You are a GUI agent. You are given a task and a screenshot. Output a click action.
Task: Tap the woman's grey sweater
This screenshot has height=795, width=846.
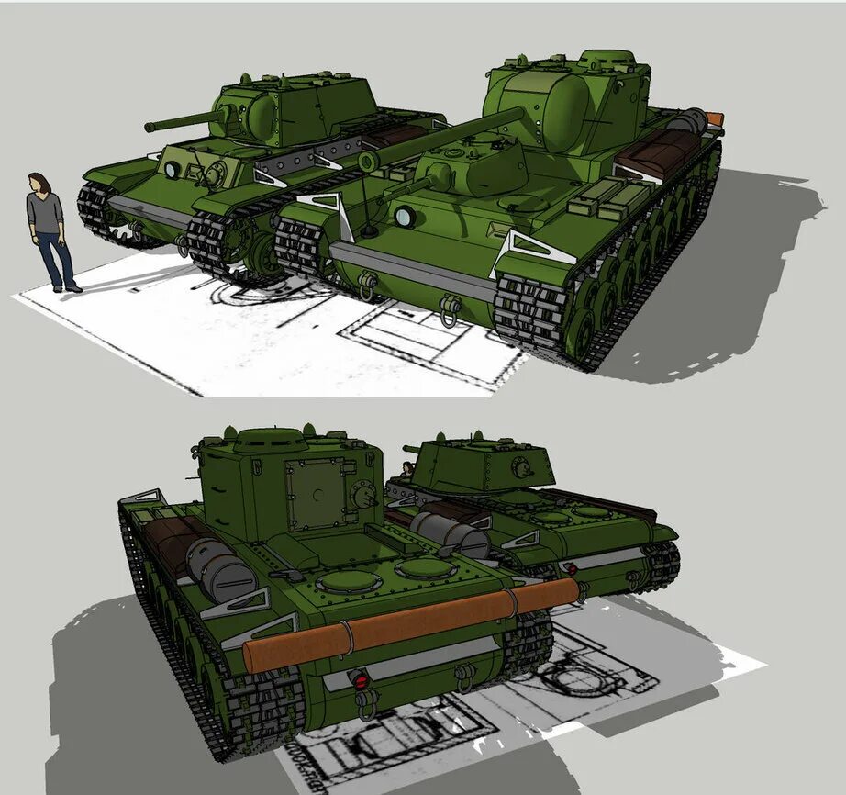pos(44,213)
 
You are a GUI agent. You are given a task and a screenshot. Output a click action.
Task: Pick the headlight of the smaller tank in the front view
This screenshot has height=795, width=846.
pos(172,170)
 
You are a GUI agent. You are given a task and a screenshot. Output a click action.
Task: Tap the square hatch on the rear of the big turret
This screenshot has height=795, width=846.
pos(314,494)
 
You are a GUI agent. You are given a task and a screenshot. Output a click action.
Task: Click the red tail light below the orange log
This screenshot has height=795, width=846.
pos(360,680)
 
